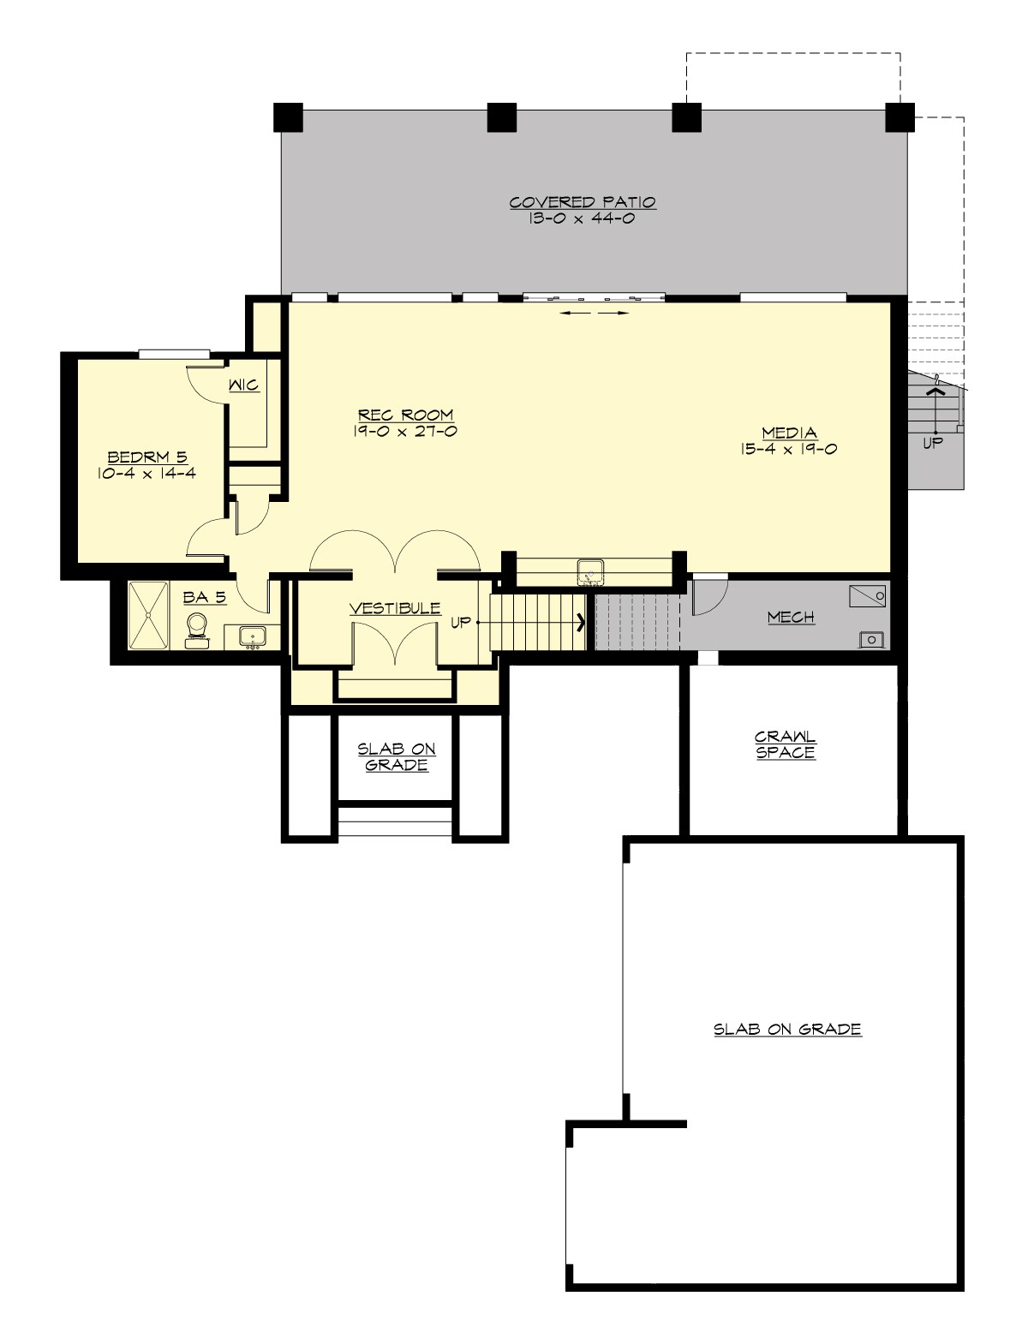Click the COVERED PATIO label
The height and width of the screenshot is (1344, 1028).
coord(583,203)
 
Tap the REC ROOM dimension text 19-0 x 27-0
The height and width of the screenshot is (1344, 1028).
coord(404,432)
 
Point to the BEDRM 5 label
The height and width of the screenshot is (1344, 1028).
coord(147,457)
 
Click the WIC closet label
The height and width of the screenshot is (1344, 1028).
coord(243,386)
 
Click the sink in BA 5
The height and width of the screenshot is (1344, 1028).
coord(252,636)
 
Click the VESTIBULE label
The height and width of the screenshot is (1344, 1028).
coord(395,608)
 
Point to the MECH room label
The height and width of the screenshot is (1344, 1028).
coord(791,617)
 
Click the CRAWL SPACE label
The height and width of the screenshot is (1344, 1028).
coord(786,744)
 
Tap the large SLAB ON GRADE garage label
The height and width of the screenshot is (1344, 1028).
coord(787,1030)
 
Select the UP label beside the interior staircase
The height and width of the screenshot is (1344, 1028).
coord(461,623)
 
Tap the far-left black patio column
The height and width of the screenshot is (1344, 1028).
coord(289,117)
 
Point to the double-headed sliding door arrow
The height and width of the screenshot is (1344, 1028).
coord(594,314)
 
